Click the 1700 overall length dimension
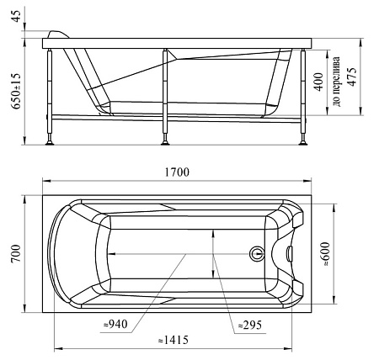[177, 172]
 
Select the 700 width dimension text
[17, 253]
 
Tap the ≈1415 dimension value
[173, 340]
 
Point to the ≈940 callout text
[115, 324]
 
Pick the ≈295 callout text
[250, 325]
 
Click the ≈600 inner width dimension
[325, 254]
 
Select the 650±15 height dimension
[16, 91]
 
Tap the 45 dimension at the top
[16, 16]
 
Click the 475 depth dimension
[352, 77]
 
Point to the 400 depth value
[318, 82]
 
